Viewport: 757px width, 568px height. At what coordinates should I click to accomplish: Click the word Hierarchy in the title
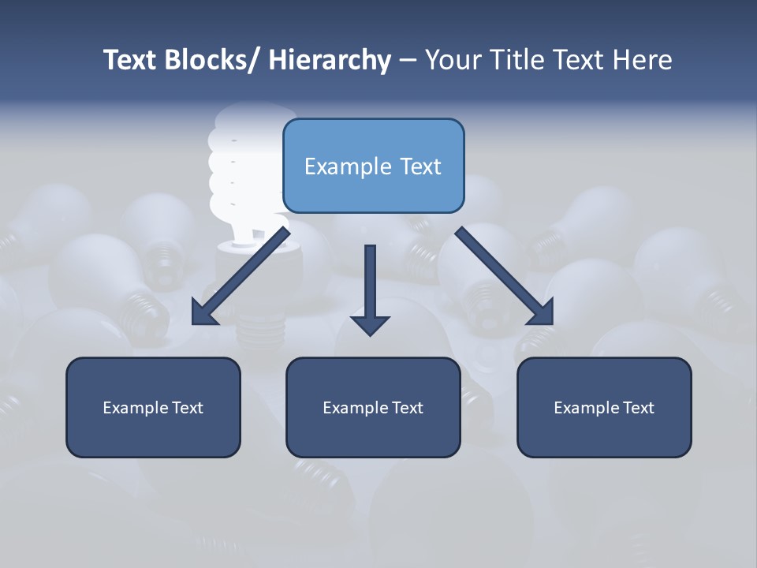(330, 60)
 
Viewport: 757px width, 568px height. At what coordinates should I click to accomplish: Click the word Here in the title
(640, 60)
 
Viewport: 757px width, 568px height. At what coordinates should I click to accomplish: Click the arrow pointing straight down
(370, 284)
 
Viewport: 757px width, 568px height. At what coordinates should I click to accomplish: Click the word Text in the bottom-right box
(637, 408)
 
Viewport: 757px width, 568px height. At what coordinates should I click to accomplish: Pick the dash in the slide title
(408, 61)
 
